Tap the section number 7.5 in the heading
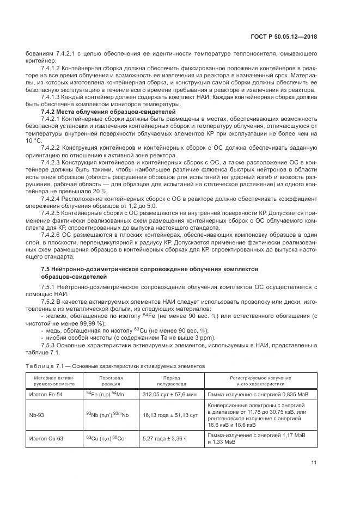tap(47, 269)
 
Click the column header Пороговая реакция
tap(111, 380)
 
